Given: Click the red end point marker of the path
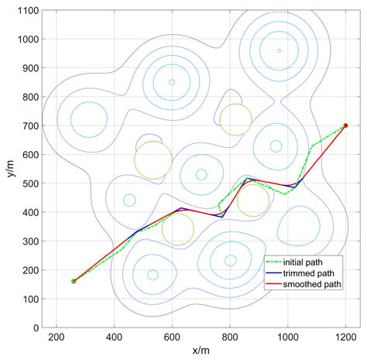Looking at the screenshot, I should point(345,125).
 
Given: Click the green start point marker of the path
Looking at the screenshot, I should point(74,281).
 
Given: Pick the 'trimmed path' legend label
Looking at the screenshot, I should point(311,273).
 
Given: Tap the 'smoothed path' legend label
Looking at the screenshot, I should point(314,284).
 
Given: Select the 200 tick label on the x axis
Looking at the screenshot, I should point(56,338).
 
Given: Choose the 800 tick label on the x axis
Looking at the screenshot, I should point(230,338).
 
